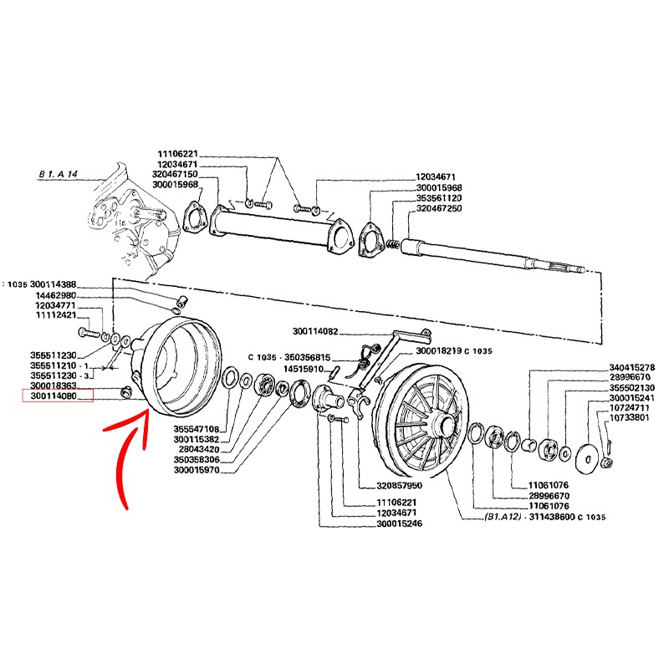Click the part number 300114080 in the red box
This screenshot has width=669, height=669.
[x=54, y=396]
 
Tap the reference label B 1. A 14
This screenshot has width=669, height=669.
[x=58, y=174]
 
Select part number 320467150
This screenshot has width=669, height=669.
[x=175, y=174]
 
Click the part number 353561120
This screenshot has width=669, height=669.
[x=439, y=198]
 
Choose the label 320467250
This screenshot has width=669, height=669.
[x=439, y=208]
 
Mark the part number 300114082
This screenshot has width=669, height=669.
[x=315, y=331]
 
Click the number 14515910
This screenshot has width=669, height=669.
[x=304, y=369]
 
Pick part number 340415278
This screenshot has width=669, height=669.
[x=632, y=367]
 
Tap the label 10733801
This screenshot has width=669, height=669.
[x=630, y=417]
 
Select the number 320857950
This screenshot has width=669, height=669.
[x=400, y=486]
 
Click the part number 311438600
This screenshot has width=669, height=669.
[x=552, y=517]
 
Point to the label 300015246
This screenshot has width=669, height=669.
[x=400, y=523]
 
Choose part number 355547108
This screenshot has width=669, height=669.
[x=197, y=429]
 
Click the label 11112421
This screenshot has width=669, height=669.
[x=55, y=315]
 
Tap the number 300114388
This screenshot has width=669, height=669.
[x=54, y=284]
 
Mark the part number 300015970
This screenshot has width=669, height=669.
[x=197, y=470]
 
